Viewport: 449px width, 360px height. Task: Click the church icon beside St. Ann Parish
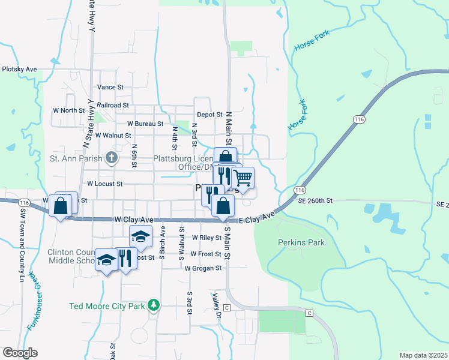click(x=111, y=158)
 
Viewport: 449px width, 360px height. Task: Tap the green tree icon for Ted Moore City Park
click(x=154, y=306)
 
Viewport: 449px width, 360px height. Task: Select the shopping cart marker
click(x=243, y=178)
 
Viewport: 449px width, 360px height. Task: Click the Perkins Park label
click(x=301, y=242)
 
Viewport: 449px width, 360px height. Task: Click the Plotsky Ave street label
click(x=19, y=70)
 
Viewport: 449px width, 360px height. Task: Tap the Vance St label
click(x=110, y=87)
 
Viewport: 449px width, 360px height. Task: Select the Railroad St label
click(x=113, y=105)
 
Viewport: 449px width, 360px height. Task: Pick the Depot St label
click(x=209, y=115)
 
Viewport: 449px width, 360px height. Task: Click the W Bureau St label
click(x=141, y=124)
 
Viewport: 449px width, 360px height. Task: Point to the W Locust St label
click(x=104, y=184)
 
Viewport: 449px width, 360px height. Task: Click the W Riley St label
click(x=206, y=238)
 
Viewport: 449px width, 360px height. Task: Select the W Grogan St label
click(x=203, y=268)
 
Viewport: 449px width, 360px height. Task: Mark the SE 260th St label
click(x=315, y=200)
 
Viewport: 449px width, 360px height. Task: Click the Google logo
click(x=20, y=353)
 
